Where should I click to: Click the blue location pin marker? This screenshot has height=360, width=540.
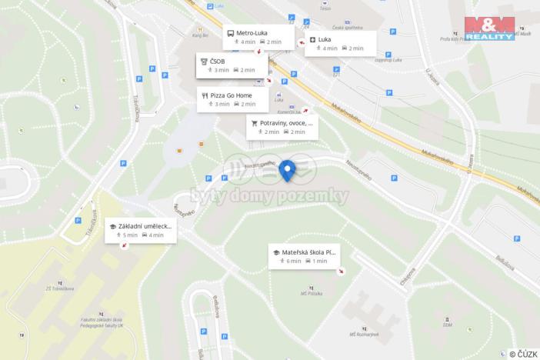pos(288,170)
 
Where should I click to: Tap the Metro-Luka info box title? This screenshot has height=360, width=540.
pos(252,32)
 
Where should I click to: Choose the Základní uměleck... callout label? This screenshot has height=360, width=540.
pos(145,227)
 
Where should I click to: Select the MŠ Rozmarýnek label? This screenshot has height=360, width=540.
pos(364,334)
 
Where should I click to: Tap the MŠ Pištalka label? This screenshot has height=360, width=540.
pos(311,293)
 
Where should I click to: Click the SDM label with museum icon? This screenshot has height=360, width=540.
pos(447,323)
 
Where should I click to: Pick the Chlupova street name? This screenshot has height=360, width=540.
pos(408,275)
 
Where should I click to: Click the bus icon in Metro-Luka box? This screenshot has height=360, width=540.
pos(231,33)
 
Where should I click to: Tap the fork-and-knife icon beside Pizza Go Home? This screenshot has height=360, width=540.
pos(205,95)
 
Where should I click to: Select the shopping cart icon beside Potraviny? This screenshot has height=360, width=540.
pos(255,122)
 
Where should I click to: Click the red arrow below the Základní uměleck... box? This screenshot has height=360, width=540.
pos(125,245)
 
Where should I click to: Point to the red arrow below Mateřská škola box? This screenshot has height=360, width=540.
pos(341,271)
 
